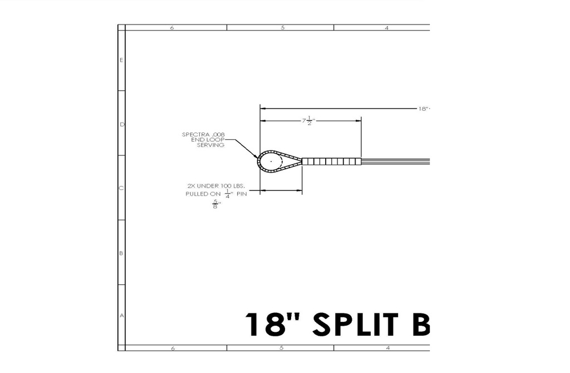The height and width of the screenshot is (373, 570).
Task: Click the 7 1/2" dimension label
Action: click(x=308, y=120)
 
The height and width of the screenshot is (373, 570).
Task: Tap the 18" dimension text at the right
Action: click(x=424, y=109)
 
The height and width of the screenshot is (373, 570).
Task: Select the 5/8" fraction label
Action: click(x=217, y=204)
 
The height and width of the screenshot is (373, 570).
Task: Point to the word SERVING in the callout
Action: click(x=210, y=145)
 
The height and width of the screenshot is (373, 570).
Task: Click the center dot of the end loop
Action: click(x=271, y=161)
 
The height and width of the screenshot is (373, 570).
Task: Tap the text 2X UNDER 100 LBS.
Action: click(x=216, y=186)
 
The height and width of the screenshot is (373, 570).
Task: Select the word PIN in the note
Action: click(x=242, y=194)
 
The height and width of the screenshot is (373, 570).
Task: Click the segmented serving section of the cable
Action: click(x=332, y=161)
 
